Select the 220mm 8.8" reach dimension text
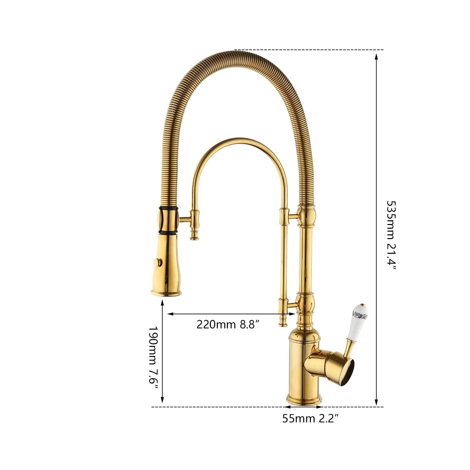pos(228,324)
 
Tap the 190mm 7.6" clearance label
pos(153,357)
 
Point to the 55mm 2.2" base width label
pos(311,418)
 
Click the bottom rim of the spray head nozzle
pos(166,293)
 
